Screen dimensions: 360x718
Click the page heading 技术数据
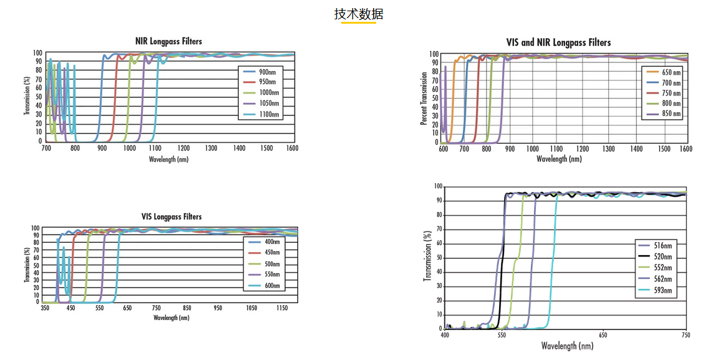tap(359, 14)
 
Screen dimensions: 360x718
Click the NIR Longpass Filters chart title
tap(168, 41)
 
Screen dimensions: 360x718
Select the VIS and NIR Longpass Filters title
tap(558, 42)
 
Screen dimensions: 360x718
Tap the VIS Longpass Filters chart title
tap(172, 216)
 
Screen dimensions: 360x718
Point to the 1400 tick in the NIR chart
tap(239, 148)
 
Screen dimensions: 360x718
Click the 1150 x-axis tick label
tap(281, 308)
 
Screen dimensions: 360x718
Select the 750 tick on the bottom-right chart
tap(686, 335)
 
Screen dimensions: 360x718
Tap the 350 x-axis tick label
tap(45, 308)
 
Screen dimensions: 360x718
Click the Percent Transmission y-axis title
tap(424, 98)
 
